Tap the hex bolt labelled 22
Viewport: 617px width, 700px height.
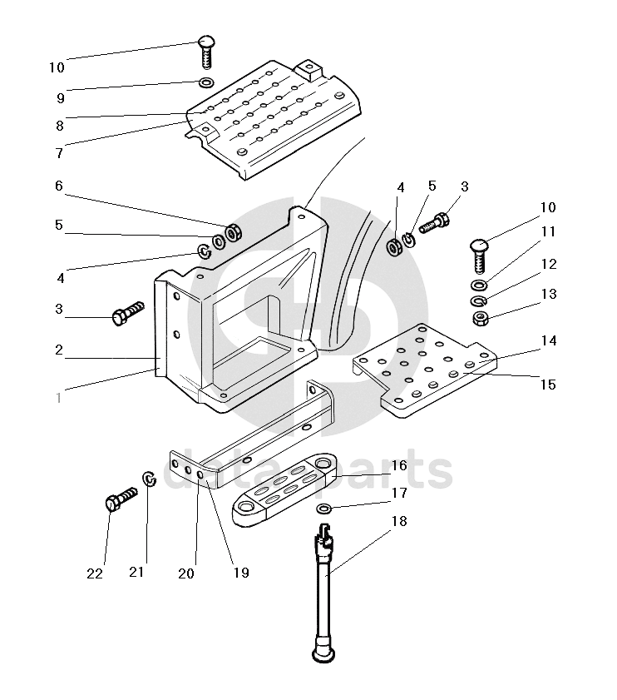point(121,500)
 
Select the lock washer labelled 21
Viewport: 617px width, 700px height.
point(150,480)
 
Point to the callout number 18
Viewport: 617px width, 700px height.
point(399,521)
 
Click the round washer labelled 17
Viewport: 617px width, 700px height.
point(324,508)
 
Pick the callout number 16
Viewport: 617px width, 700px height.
point(399,465)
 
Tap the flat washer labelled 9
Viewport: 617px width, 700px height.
point(205,82)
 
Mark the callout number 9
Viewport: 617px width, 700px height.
point(60,97)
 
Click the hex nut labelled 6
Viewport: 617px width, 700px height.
point(234,232)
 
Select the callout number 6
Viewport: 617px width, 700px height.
point(59,186)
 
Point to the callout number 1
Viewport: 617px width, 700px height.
point(59,398)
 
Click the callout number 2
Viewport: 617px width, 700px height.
point(59,350)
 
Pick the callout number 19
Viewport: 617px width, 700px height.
point(241,573)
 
